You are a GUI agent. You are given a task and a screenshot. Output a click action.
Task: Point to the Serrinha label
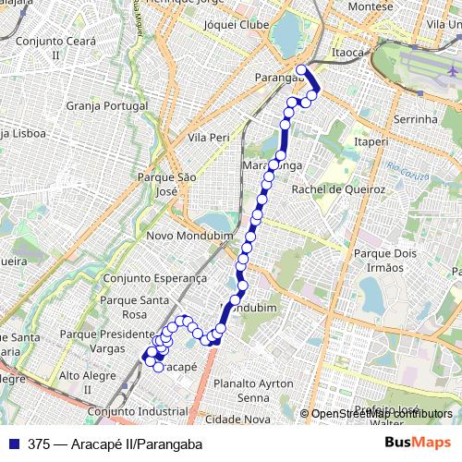tap(415, 120)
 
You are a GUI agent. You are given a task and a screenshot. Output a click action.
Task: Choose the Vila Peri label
tap(208, 137)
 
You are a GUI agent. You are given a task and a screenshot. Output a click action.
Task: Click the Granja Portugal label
tap(107, 105)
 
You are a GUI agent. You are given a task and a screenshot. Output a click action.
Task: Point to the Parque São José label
tap(167, 183)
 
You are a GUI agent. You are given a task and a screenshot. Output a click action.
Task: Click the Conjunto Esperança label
tap(156, 277)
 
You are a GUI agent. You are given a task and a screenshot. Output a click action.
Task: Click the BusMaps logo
tap(419, 444)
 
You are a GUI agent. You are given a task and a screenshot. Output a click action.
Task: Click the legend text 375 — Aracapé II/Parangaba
tap(115, 444)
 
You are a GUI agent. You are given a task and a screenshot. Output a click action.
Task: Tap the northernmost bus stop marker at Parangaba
tap(301, 69)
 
